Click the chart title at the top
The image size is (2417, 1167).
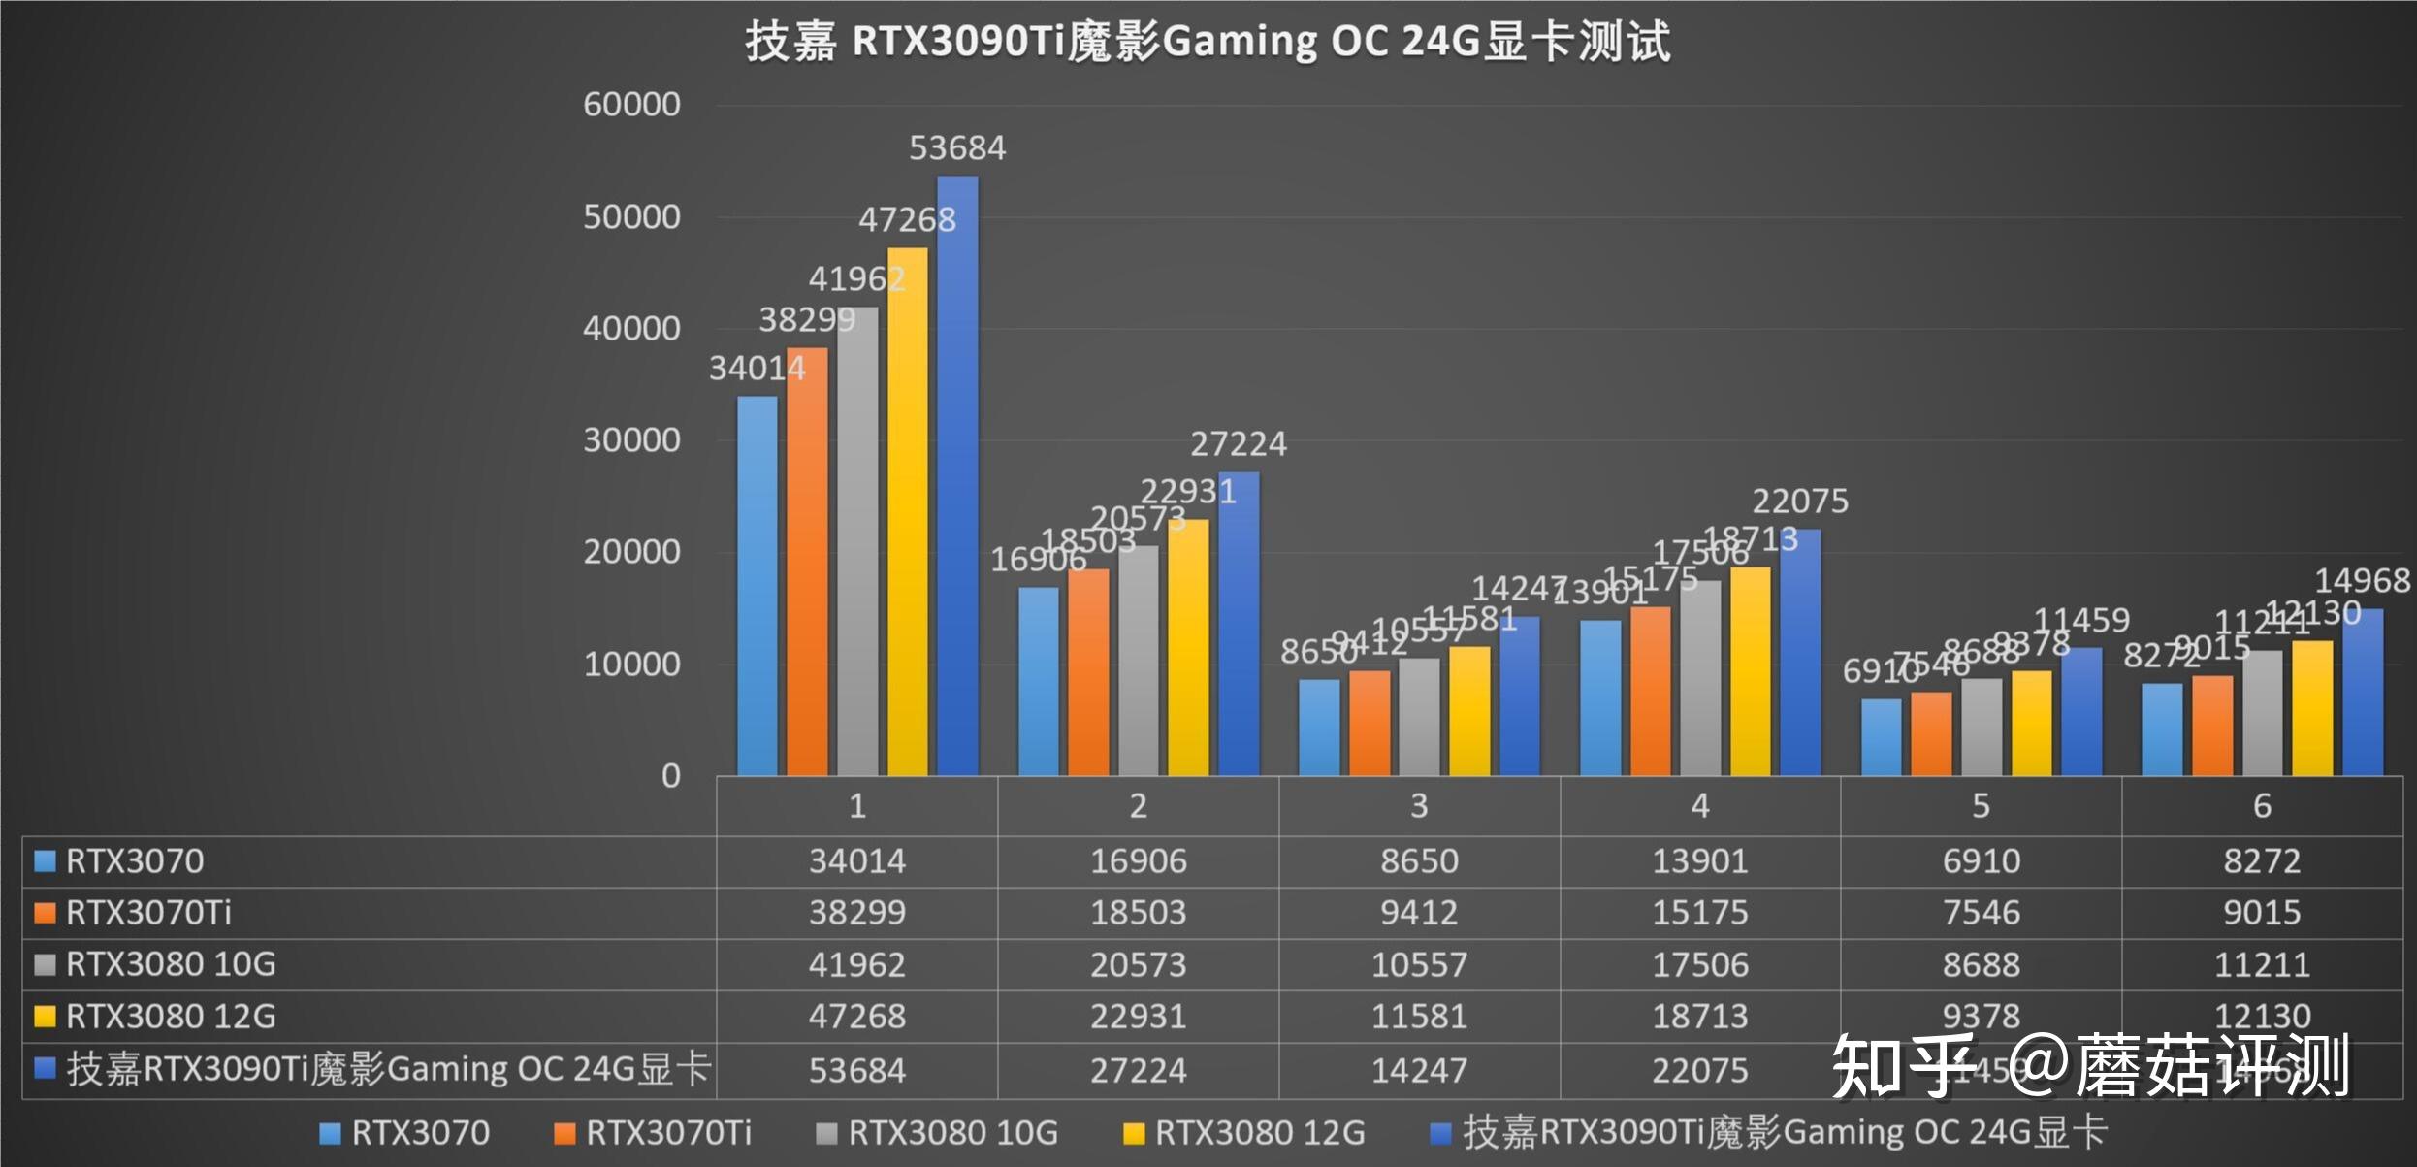click(1208, 42)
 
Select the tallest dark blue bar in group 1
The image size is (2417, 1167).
click(957, 475)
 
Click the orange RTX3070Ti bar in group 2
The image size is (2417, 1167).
click(1088, 671)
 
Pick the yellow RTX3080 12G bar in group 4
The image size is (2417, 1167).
click(1751, 670)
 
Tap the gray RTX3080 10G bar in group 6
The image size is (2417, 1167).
click(2263, 712)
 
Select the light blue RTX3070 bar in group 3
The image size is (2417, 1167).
click(1319, 727)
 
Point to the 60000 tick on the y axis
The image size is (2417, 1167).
click(631, 105)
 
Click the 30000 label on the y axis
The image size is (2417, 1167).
click(631, 440)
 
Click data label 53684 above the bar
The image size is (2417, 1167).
click(957, 147)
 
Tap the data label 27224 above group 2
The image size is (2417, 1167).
click(1239, 444)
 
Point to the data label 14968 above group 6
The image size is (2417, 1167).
click(2362, 580)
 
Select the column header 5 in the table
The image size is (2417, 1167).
click(1981, 806)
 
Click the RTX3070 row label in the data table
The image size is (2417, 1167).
click(135, 861)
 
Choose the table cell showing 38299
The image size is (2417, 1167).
click(857, 913)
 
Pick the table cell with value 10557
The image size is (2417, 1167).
click(1419, 965)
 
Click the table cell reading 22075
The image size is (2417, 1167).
click(1700, 1071)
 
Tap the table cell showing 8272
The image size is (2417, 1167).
click(2262, 861)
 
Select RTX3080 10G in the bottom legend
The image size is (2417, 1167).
click(952, 1133)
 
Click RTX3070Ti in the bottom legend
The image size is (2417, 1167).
click(668, 1133)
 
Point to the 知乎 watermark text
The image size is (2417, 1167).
click(1901, 1065)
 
